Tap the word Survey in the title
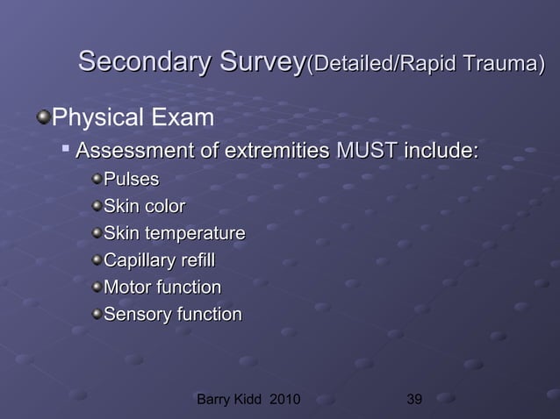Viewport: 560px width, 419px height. coord(255,62)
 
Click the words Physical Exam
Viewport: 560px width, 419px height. coord(129,117)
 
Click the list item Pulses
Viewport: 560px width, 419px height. coord(131,181)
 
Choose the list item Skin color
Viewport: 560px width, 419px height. coord(144,208)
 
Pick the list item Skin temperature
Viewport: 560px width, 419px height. coord(174,234)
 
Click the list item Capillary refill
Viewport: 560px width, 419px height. coord(159,261)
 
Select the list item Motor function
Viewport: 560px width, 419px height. coord(162,288)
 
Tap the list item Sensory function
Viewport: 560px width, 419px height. coord(172,315)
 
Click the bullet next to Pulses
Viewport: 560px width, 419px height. coord(96,181)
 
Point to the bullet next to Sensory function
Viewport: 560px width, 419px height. coord(96,315)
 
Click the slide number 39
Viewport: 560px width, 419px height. coord(415,401)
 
